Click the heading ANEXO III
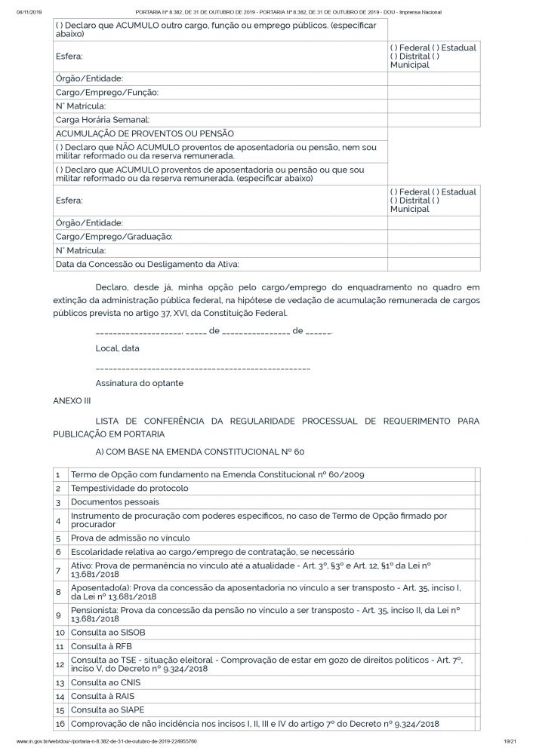pyautogui.click(x=72, y=400)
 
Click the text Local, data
pyautogui.click(x=117, y=348)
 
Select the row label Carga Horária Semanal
pyautogui.click(x=103, y=119)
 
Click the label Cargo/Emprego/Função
pyautogui.click(x=107, y=93)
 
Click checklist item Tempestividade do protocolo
pyautogui.click(x=129, y=488)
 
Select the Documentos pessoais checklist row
pyautogui.click(x=115, y=501)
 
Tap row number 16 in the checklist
pyautogui.click(x=59, y=724)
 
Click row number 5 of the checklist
pyautogui.click(x=59, y=538)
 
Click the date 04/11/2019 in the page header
pyautogui.click(x=28, y=13)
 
